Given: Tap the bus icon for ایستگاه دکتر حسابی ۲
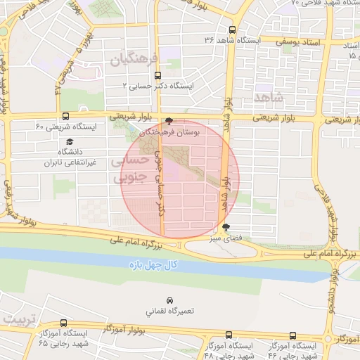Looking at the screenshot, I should pyautogui.click(x=157, y=75).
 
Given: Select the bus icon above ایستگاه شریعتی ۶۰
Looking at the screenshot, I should pyautogui.click(x=65, y=116).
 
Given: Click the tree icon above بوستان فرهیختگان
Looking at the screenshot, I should pyautogui.click(x=168, y=121).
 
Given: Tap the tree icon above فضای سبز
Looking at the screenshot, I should pyautogui.click(x=225, y=227).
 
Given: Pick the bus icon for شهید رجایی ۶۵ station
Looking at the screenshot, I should pyautogui.click(x=64, y=323).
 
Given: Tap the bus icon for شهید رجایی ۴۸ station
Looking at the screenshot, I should pyautogui.click(x=226, y=335).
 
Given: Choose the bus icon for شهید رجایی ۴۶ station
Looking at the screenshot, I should pyautogui.click(x=293, y=335).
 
